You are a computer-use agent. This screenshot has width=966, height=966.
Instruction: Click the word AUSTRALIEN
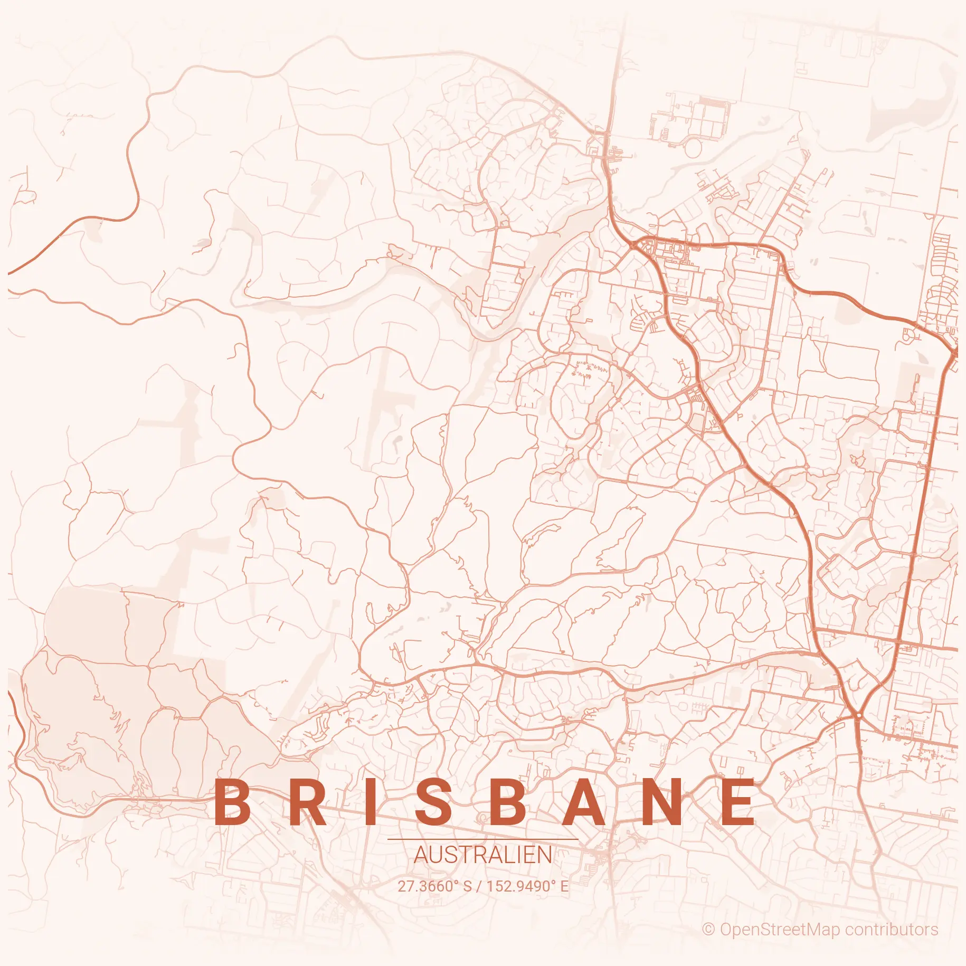tap(483, 855)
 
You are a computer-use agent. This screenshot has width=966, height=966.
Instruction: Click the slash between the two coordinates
tap(479, 886)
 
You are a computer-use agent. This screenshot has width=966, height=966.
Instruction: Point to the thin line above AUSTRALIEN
tap(483, 839)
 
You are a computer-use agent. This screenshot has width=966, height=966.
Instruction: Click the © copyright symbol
tap(708, 929)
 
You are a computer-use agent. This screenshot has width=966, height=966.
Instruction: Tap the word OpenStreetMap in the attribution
tap(779, 929)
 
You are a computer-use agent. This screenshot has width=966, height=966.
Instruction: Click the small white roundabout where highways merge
tap(859, 715)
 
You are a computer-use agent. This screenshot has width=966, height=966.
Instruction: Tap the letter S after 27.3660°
tap(467, 886)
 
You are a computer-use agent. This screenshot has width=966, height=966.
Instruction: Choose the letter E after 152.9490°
tap(564, 886)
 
